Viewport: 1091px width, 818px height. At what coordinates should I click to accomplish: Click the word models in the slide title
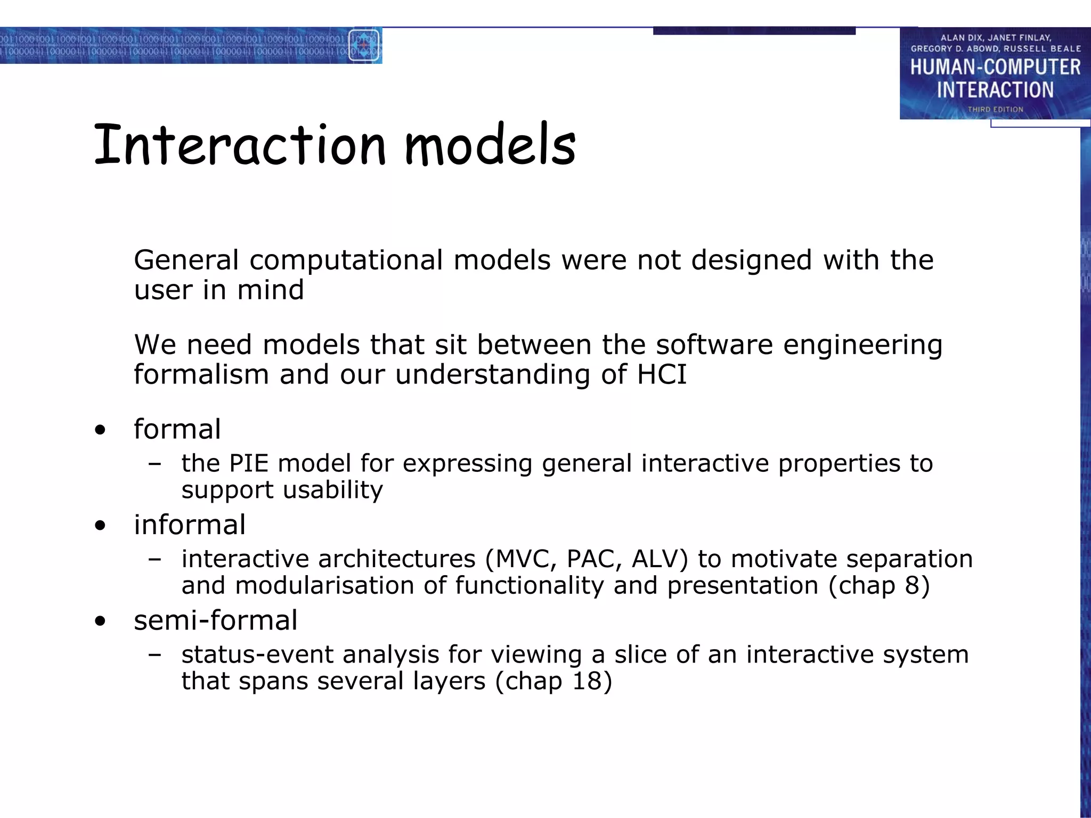coord(490,145)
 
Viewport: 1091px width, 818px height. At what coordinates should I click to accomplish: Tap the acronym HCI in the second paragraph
coord(662,374)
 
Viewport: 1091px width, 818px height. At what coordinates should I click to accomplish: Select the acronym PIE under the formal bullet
coord(249,463)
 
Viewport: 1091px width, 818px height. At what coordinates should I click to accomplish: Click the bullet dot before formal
coord(100,430)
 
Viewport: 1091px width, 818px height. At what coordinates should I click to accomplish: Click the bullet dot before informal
coord(100,526)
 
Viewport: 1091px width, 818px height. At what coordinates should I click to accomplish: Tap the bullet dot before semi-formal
coord(100,621)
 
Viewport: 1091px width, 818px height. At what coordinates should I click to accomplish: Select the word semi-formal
coord(215,620)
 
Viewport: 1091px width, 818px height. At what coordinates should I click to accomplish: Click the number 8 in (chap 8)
coord(912,585)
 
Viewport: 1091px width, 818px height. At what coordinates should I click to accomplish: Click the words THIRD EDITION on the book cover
coord(995,109)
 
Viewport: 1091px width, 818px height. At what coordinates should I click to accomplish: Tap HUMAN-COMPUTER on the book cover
coord(995,68)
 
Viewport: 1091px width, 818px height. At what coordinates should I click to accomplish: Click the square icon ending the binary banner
coord(363,46)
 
